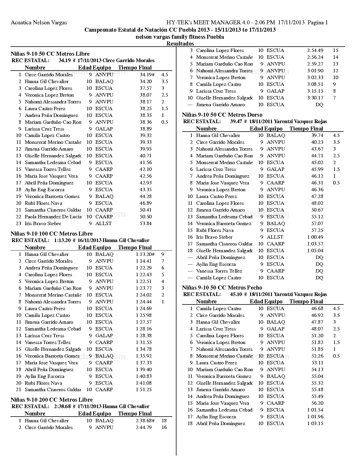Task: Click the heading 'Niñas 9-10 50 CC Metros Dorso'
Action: [222, 115]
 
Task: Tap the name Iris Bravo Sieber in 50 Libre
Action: [43, 223]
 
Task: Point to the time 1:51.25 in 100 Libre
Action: [144, 389]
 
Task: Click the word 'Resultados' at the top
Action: [180, 43]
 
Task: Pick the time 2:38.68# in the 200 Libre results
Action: [145, 421]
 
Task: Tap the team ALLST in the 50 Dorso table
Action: [275, 237]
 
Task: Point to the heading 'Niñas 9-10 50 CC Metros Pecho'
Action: [222, 288]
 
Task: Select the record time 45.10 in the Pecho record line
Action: [236, 294]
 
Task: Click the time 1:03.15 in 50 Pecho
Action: [315, 423]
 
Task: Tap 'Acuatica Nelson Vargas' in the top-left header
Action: [39, 23]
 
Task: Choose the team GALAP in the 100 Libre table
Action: [104, 336]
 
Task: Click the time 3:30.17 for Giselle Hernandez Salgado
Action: [315, 98]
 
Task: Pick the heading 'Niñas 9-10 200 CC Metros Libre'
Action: [52, 400]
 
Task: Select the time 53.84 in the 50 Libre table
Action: [146, 223]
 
